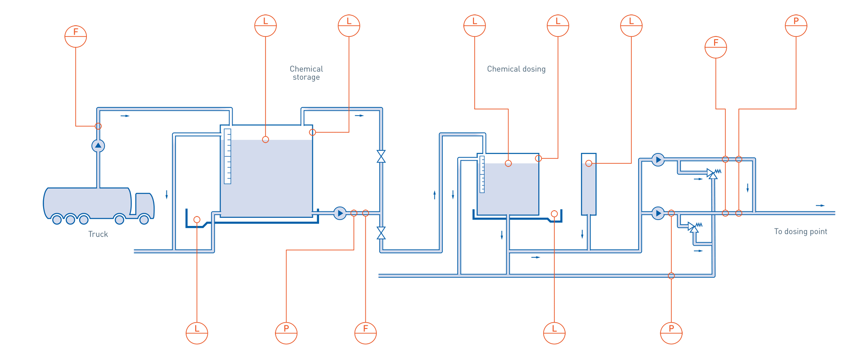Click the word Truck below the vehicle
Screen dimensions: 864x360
(x=98, y=234)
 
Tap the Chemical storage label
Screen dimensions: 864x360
(x=306, y=73)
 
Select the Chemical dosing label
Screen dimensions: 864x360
(x=516, y=69)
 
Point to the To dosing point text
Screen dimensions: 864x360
(x=801, y=231)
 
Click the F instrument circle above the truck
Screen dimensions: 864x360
(x=76, y=36)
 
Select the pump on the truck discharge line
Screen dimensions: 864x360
(x=98, y=146)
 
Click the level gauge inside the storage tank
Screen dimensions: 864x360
(x=228, y=156)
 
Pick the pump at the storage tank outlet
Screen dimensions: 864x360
(x=340, y=213)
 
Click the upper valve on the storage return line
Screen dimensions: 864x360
(x=381, y=157)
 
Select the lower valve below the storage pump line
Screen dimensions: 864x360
(x=381, y=233)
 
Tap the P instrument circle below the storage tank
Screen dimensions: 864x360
(x=286, y=333)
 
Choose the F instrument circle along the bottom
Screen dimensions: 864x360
(x=365, y=333)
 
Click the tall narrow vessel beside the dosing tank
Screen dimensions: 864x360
(x=589, y=184)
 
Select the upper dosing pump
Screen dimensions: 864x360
(x=658, y=160)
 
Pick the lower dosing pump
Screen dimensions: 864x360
(x=658, y=213)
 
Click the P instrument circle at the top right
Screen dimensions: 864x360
(x=796, y=26)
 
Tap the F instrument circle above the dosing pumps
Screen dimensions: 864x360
(x=715, y=47)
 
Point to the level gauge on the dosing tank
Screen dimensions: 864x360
(x=482, y=174)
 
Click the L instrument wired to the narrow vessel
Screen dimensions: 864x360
(x=631, y=26)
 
